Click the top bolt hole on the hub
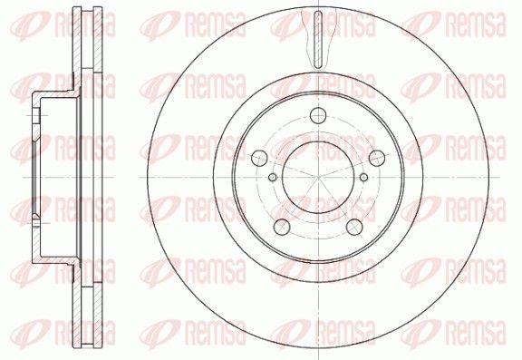click(317, 116)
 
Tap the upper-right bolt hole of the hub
click(371, 156)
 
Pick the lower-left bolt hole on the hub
click(284, 225)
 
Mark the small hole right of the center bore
click(364, 178)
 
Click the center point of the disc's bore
click(318, 178)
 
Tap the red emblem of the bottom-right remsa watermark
click(419, 339)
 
